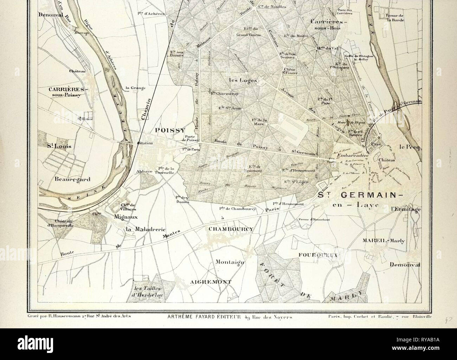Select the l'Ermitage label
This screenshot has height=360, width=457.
(x=405, y=209)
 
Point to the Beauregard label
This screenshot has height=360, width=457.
(x=72, y=179)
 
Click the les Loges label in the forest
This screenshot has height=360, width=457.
(x=241, y=80)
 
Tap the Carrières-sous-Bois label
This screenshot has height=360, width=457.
(x=328, y=24)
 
